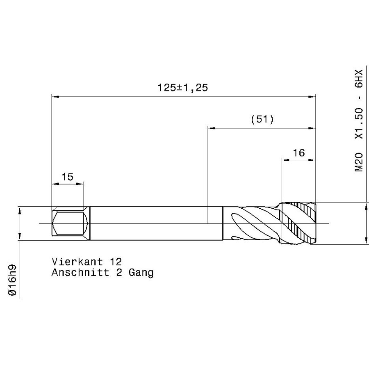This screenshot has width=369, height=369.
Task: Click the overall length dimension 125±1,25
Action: tap(182, 88)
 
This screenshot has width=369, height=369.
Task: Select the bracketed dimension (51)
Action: tap(262, 119)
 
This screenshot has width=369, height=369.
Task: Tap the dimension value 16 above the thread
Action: tap(298, 153)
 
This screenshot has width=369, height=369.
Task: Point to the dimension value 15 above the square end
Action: tap(67, 177)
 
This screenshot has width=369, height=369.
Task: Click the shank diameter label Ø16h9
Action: tap(12, 280)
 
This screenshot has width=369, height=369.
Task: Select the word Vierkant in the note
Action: tap(77, 262)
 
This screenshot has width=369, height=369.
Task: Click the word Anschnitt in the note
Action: tap(80, 273)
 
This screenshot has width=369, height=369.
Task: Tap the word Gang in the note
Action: tap(141, 273)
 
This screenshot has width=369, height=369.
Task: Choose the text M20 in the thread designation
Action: tap(359, 162)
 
